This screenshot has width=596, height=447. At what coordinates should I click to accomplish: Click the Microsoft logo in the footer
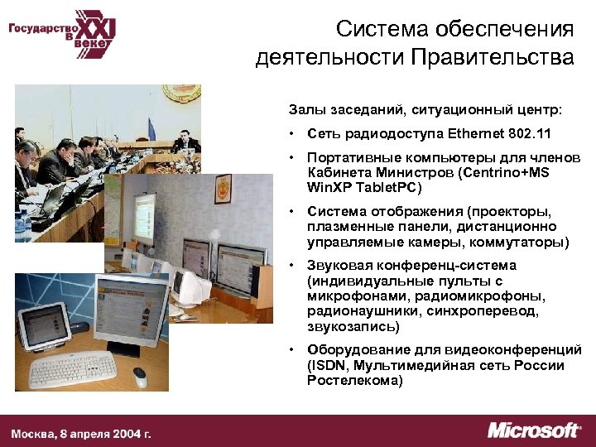coord(533,430)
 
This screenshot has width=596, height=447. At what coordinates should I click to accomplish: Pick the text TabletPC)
coord(388,187)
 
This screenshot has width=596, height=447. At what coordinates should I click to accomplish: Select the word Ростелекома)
coord(354,381)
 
